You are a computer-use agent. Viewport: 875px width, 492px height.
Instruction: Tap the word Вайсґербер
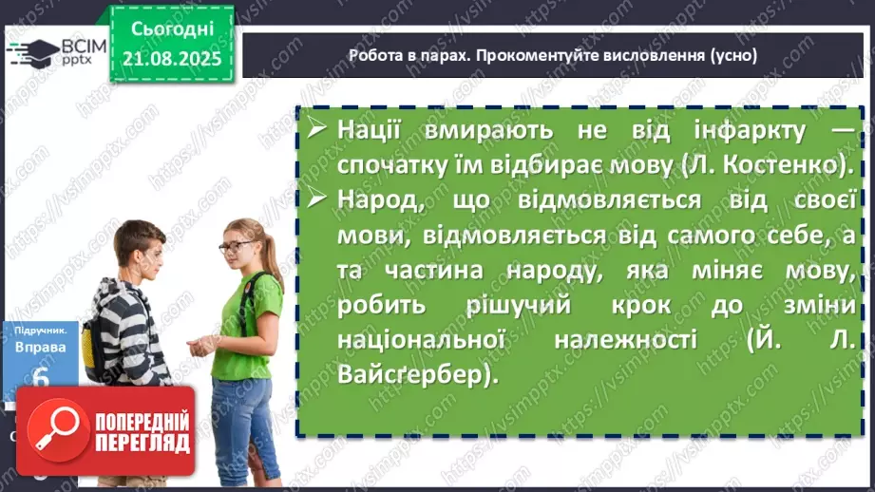[x=416, y=375]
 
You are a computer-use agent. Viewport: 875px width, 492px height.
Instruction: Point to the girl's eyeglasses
[x=233, y=247]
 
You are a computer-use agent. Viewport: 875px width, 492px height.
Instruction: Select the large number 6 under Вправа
[x=41, y=378]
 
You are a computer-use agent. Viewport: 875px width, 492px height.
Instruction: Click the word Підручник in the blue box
[x=41, y=330]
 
